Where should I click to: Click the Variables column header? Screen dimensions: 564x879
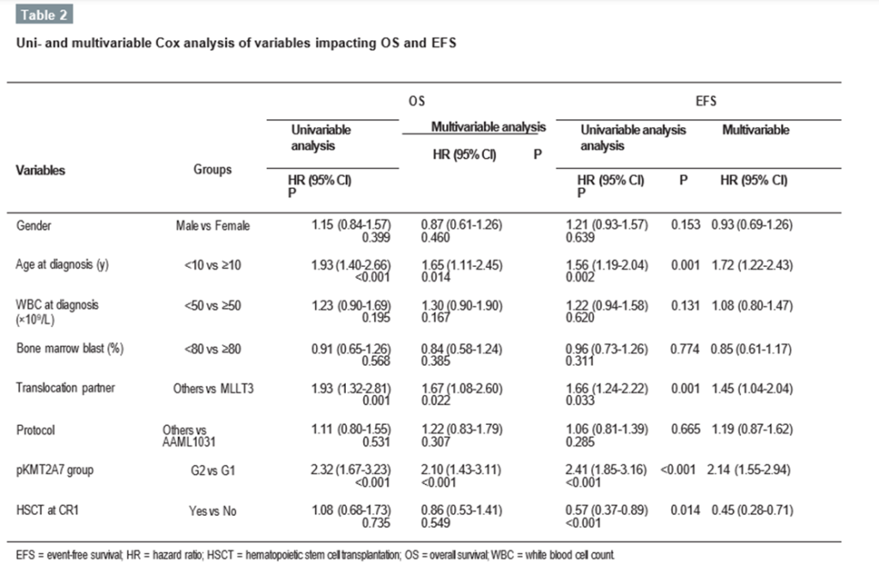point(40,170)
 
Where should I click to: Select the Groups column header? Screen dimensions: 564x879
point(212,170)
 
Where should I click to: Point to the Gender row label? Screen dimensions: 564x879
point(34,225)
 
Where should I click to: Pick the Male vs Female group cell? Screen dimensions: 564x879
point(211,225)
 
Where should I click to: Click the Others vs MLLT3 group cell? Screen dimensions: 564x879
point(212,387)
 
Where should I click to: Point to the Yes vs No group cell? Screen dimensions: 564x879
point(212,510)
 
